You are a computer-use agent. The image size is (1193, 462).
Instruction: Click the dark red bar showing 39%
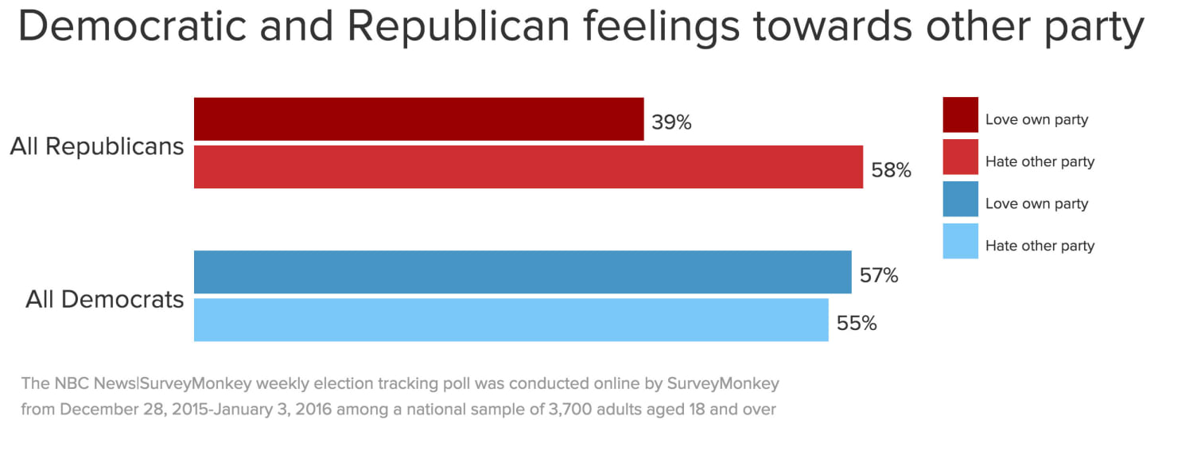(x=418, y=119)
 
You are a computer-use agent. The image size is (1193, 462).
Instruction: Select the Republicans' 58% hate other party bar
(x=528, y=167)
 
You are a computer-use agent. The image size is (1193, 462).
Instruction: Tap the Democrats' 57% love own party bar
(x=523, y=272)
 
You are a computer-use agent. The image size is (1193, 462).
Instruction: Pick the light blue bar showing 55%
(x=511, y=320)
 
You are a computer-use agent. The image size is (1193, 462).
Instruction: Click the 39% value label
(x=671, y=122)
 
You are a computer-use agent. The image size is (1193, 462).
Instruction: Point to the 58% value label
(x=891, y=170)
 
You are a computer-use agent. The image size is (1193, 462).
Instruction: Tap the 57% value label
(x=879, y=276)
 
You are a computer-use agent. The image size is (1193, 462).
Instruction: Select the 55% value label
(x=856, y=324)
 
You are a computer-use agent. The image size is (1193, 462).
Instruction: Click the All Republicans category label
(x=97, y=147)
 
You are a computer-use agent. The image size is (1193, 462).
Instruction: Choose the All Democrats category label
(x=105, y=300)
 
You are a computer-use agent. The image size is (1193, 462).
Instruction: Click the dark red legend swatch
(x=960, y=115)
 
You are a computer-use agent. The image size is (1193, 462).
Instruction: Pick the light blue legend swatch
(x=960, y=241)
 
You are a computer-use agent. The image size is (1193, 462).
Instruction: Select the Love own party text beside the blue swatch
(x=1036, y=204)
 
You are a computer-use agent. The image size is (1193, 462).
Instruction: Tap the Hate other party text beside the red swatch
(x=1040, y=161)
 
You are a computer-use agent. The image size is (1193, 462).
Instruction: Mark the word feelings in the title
(x=662, y=28)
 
